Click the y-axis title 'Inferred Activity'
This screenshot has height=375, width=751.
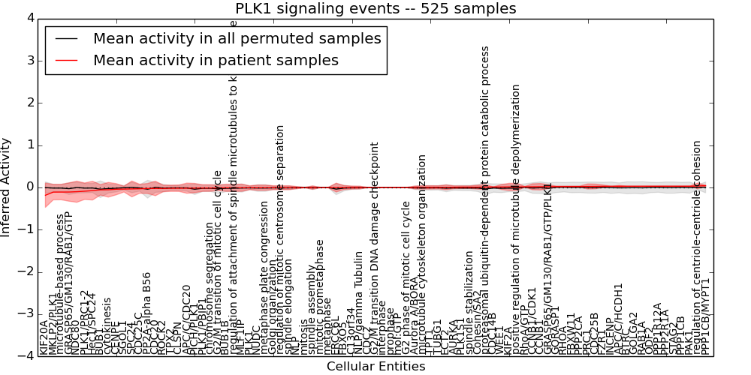click(x=7, y=187)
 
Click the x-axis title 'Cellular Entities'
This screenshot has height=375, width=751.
click(x=375, y=367)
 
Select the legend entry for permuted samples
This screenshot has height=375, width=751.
click(x=237, y=38)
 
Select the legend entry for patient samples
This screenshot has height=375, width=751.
click(x=216, y=60)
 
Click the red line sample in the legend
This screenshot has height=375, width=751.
click(x=68, y=60)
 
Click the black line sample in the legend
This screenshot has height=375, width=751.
click(x=68, y=38)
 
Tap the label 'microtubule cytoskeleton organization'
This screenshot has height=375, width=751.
click(x=423, y=255)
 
